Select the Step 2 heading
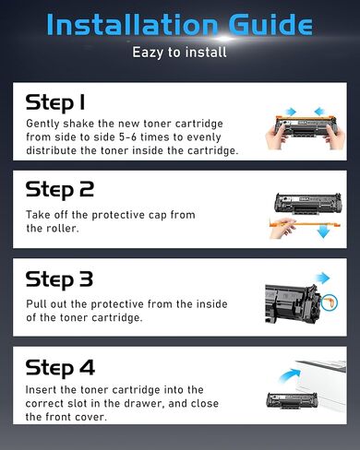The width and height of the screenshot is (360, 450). tap(60, 190)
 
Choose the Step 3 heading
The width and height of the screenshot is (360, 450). tap(60, 278)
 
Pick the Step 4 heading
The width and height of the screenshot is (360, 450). tap(60, 367)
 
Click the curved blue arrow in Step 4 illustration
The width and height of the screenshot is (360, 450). tap(293, 373)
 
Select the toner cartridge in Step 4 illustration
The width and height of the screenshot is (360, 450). tap(294, 402)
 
